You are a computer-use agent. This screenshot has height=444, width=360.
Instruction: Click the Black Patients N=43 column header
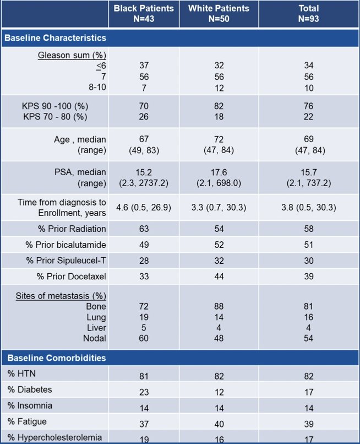point(144,14)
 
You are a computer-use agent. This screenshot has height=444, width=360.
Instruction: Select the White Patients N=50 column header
point(219,14)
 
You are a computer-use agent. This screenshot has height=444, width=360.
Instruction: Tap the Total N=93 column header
point(308,14)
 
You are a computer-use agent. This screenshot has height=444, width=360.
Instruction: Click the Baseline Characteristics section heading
point(56,38)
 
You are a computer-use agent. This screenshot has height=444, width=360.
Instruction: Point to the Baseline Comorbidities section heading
point(57,358)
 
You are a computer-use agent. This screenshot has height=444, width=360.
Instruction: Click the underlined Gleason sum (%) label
point(72,55)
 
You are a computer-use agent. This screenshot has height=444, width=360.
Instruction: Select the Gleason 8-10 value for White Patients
point(219,88)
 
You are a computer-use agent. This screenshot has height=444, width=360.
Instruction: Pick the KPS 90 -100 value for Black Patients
point(144,106)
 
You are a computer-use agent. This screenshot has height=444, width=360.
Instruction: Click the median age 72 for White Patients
point(219,139)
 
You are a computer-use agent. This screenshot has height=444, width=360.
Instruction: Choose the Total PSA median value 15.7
point(309,172)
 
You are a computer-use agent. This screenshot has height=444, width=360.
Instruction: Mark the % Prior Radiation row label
point(72,229)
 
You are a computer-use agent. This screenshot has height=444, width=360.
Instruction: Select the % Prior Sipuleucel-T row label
point(66,261)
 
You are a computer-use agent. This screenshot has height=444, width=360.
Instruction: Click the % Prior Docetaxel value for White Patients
point(219,277)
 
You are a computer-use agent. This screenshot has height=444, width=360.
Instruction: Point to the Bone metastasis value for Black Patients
point(144,306)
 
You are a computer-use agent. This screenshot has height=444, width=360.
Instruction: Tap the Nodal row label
point(95,338)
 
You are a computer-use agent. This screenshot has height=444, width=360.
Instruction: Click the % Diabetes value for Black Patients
point(144,392)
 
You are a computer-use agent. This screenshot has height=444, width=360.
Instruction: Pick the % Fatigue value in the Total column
point(309,424)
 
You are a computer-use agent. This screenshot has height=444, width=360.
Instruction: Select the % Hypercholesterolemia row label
point(54,437)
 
